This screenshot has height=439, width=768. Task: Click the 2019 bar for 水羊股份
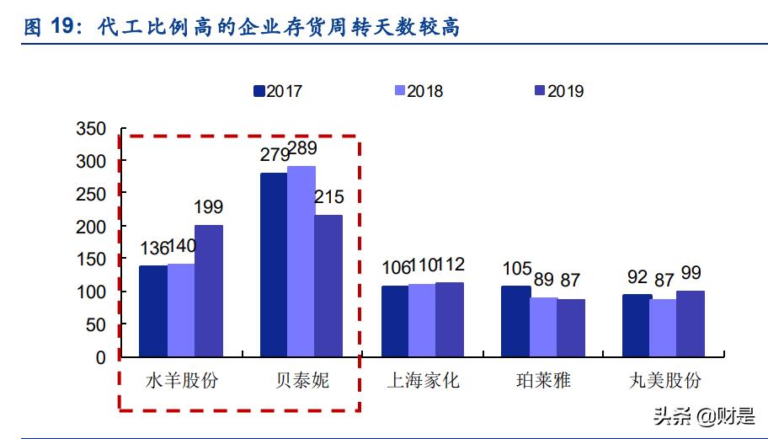(209, 291)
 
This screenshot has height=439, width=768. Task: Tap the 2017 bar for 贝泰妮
(273, 265)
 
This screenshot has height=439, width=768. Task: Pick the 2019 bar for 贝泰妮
(328, 286)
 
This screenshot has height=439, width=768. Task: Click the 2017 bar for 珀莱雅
(515, 321)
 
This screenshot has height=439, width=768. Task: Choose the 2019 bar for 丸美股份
(691, 324)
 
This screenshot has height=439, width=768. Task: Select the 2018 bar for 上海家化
(422, 320)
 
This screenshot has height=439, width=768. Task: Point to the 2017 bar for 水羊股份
(152, 311)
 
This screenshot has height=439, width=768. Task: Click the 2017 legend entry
(277, 91)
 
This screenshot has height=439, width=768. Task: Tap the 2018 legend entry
(418, 91)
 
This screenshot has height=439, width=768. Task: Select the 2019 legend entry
(557, 91)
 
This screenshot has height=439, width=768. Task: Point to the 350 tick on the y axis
(90, 129)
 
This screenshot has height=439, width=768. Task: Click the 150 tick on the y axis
(90, 260)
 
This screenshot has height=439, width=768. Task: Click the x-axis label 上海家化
(423, 380)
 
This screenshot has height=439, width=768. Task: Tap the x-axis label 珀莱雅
(543, 380)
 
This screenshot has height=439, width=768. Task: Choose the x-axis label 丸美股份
(664, 380)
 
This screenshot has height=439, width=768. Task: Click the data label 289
(301, 149)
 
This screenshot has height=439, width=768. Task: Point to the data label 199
(208, 206)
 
